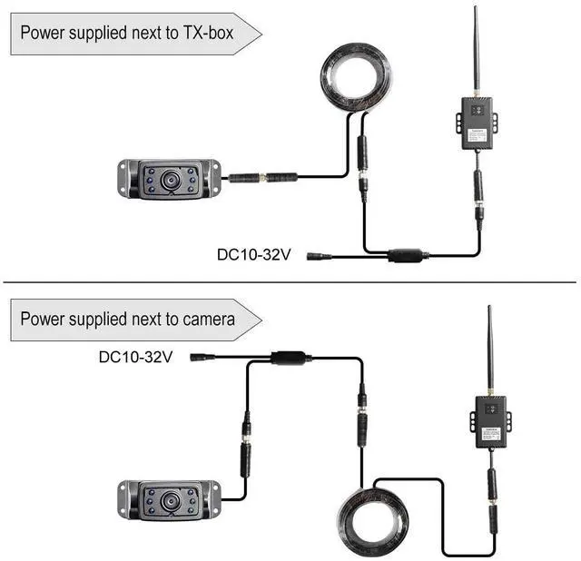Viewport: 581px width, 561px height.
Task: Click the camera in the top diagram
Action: point(169,179)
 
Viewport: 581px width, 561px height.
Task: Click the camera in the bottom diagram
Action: point(169,501)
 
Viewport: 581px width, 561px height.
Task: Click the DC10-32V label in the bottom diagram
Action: point(135,358)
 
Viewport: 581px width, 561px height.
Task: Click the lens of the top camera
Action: point(170,179)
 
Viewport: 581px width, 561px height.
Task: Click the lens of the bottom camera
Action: point(170,501)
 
